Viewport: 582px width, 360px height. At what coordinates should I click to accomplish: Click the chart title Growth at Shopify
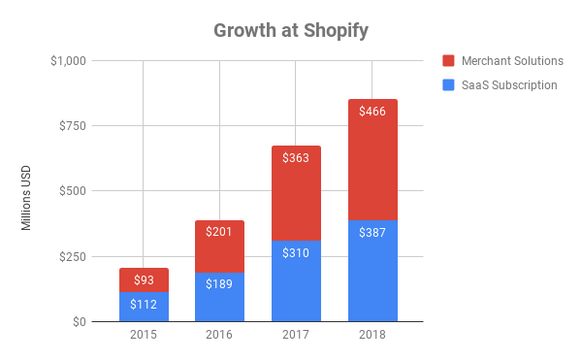[x=291, y=30]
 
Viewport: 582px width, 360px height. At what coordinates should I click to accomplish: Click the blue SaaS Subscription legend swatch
[x=447, y=84]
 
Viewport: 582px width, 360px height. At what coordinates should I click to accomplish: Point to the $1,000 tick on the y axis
[x=67, y=61]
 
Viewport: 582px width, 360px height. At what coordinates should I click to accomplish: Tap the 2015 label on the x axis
[x=144, y=336]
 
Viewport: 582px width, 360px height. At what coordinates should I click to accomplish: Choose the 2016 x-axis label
[x=219, y=336]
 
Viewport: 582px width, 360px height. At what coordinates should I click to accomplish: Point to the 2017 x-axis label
[x=296, y=336]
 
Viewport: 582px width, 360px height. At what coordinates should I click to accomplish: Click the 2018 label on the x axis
[x=372, y=336]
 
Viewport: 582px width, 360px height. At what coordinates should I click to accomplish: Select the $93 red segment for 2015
[x=144, y=280]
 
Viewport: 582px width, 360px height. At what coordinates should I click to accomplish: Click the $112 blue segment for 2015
[x=144, y=307]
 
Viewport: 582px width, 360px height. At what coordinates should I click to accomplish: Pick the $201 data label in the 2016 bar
[x=219, y=231]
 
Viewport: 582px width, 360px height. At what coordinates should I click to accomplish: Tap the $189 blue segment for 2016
[x=219, y=297]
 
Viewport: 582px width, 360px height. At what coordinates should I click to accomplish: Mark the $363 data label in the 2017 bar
[x=296, y=157]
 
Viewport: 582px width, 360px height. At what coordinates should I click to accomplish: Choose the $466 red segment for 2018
[x=372, y=160]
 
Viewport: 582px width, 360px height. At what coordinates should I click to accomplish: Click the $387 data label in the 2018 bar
[x=372, y=234]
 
